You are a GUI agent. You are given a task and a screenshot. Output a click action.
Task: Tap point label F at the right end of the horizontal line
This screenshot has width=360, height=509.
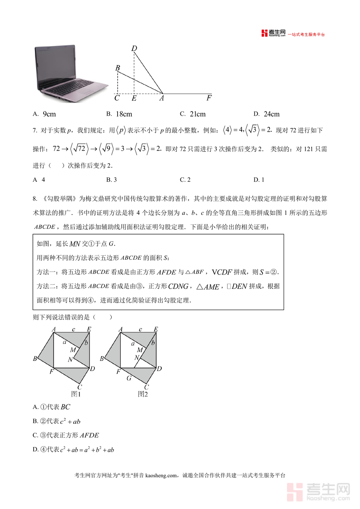[x=209, y=98]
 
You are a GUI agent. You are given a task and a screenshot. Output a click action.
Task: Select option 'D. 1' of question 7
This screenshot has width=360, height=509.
[x=259, y=180]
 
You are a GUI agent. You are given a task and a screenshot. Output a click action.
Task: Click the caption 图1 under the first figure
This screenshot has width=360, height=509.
[x=76, y=394]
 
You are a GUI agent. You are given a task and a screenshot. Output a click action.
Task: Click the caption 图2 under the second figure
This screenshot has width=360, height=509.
[x=143, y=394]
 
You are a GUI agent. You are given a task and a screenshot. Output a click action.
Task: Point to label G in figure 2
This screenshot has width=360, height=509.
[x=129, y=378]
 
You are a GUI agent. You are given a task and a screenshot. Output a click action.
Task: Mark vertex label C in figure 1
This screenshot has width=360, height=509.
[x=80, y=387]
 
